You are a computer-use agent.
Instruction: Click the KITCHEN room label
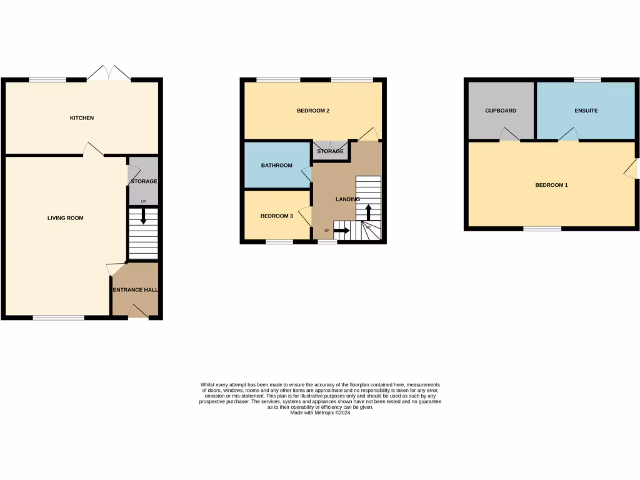(82, 117)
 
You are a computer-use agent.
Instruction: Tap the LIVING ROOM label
(66, 218)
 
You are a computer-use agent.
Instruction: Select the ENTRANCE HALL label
(135, 290)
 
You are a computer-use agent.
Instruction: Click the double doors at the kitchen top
(109, 74)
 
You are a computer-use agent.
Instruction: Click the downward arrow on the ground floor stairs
(143, 217)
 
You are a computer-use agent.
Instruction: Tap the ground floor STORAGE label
(144, 181)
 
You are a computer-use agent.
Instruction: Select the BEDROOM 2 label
(312, 111)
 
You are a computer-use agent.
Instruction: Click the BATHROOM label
(276, 165)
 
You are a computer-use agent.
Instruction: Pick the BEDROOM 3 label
(276, 216)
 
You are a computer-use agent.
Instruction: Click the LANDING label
(347, 199)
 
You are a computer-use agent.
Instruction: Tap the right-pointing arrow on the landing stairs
(341, 231)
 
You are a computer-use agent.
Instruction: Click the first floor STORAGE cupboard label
(330, 151)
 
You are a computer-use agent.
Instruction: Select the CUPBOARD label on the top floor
(501, 111)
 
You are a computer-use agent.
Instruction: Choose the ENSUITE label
(586, 111)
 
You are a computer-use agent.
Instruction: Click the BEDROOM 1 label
(552, 185)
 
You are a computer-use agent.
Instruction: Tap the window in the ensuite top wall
(587, 80)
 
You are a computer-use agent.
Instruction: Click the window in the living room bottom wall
(59, 318)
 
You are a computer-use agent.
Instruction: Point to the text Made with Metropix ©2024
(320, 412)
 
